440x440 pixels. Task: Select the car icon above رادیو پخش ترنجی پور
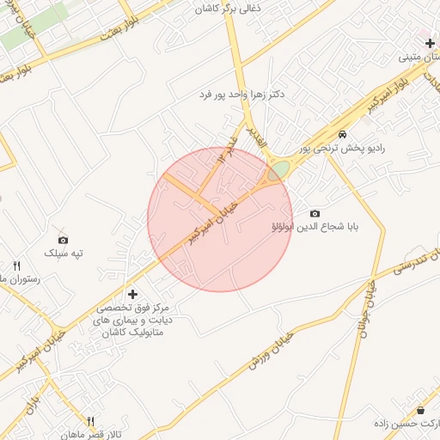[343, 135]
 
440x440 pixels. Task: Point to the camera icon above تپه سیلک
[63, 240]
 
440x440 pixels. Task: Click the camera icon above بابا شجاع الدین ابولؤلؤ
[315, 213]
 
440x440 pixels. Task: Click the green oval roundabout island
[277, 171]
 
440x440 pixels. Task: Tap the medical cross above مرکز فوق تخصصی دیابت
[131, 294]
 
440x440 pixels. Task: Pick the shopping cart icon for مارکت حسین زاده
[421, 411]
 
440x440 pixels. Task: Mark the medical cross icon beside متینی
[430, 43]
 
